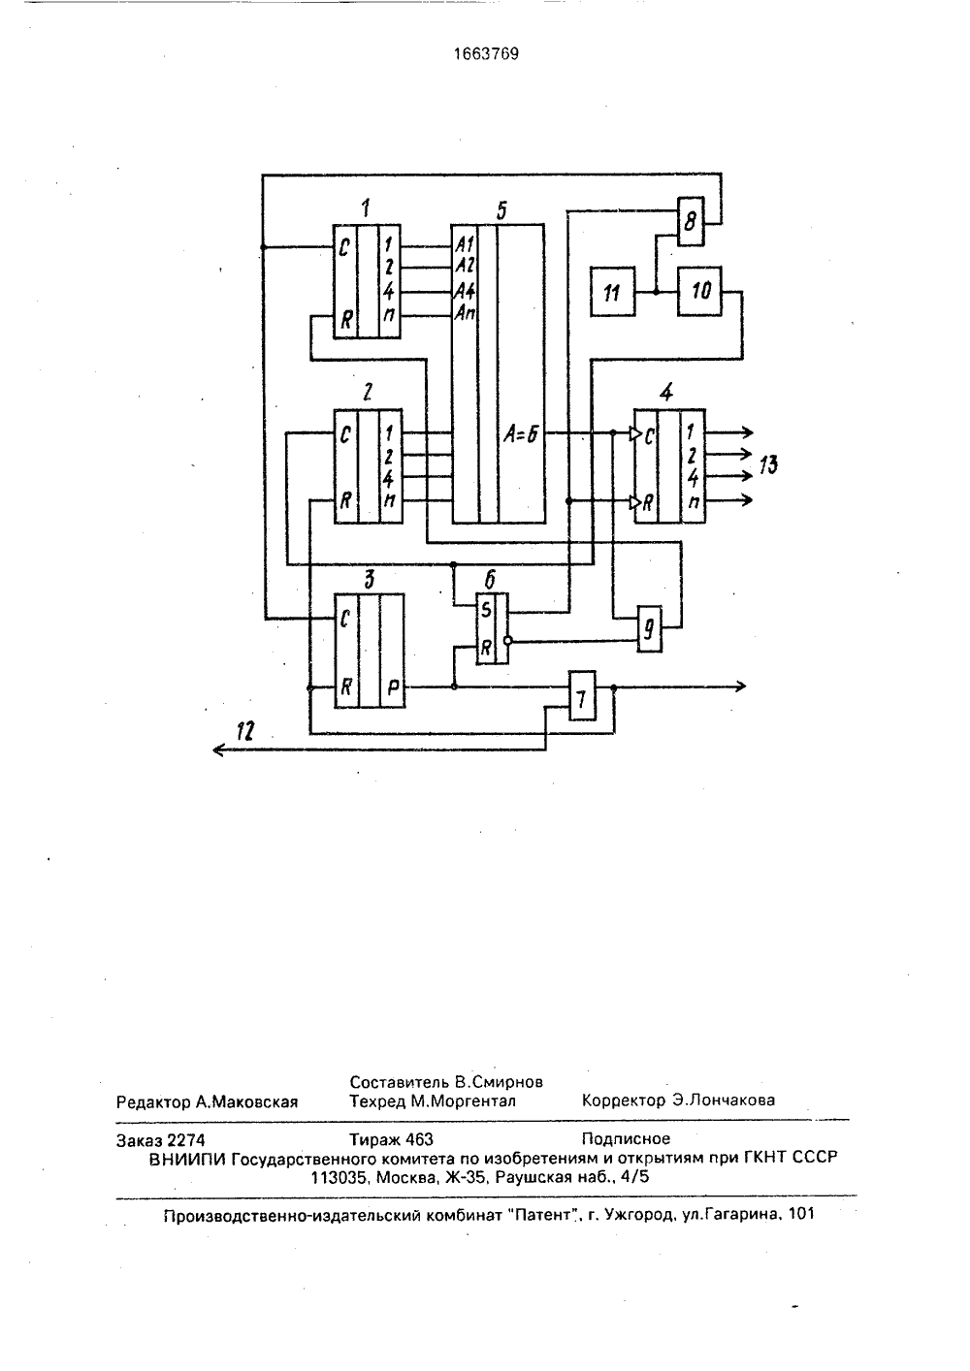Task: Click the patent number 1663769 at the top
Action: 486,54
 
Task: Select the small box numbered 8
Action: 691,221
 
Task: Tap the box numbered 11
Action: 612,292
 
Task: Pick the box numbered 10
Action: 700,291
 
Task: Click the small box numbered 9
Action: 650,629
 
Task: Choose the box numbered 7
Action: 582,695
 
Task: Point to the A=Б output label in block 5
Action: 521,434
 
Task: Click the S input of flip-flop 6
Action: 486,610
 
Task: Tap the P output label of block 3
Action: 393,688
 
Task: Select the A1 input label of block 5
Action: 465,244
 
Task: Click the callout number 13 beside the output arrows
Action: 768,465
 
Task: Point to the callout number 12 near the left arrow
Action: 245,731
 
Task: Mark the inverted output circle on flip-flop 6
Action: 507,641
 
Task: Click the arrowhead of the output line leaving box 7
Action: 741,686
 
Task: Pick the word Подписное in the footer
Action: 626,1139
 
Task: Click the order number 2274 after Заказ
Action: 185,1140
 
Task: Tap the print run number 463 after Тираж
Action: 419,1139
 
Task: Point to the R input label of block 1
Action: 346,319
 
